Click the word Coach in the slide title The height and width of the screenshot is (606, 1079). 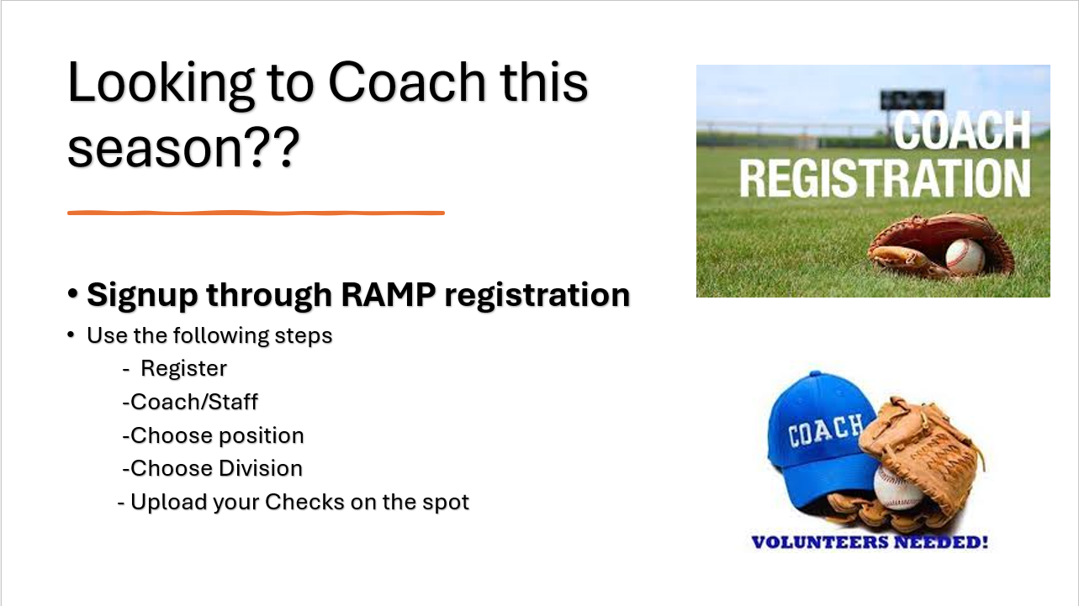coord(406,82)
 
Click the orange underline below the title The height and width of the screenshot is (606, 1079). coord(256,213)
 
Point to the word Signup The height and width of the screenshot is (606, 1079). coord(142,296)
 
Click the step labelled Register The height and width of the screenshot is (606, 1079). coord(183,369)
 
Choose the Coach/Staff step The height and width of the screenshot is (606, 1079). coord(194,402)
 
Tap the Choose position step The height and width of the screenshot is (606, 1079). coord(217,436)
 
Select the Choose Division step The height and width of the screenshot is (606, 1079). coord(216,468)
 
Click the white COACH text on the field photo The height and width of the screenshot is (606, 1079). coord(962,130)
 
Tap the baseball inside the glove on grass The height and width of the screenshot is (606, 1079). coord(965,256)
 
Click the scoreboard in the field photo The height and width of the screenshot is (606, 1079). coord(912,101)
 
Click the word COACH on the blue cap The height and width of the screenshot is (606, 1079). coord(825,429)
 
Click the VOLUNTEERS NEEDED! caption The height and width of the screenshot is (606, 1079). coord(870,542)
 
